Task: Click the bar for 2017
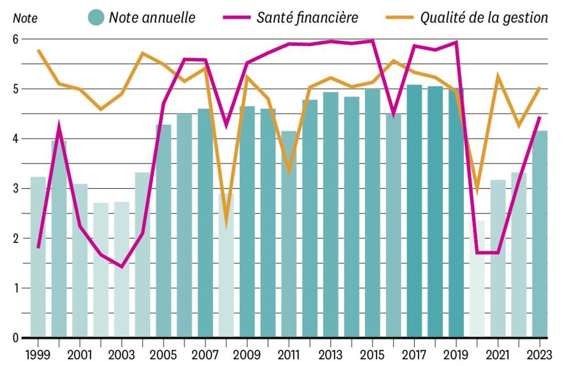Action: [414, 210]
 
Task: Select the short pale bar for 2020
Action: [477, 279]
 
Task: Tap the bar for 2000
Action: [59, 238]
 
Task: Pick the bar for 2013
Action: [331, 215]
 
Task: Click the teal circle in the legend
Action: [96, 17]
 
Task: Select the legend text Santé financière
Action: [307, 17]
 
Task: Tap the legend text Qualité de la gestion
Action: [484, 17]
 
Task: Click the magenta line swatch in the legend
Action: [237, 17]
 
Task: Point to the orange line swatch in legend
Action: [400, 17]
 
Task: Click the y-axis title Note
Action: [25, 19]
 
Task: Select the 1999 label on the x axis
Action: [38, 355]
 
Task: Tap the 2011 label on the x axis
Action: [289, 355]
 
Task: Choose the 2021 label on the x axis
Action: [498, 355]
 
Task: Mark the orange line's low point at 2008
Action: [226, 223]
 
